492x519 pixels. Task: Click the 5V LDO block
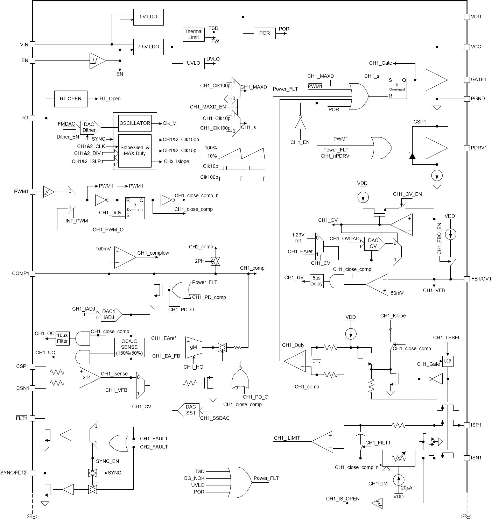tap(148, 17)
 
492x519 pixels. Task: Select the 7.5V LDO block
tap(148, 47)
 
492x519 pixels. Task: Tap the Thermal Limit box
tap(194, 34)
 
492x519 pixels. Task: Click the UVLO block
tap(193, 63)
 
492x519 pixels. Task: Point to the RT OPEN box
tap(70, 99)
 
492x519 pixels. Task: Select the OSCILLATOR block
tap(135, 123)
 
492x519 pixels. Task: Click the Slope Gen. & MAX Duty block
tap(135, 151)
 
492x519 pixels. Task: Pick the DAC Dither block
tap(90, 127)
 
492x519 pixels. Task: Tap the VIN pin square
tap(32, 44)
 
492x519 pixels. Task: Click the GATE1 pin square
tap(466, 80)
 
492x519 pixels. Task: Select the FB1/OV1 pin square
tap(466, 279)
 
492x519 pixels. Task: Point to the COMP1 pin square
tap(32, 273)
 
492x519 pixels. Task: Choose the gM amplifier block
tap(194, 347)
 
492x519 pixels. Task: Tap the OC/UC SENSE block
tap(129, 347)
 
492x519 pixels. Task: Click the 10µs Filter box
tap(63, 338)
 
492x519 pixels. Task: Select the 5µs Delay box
tap(316, 281)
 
